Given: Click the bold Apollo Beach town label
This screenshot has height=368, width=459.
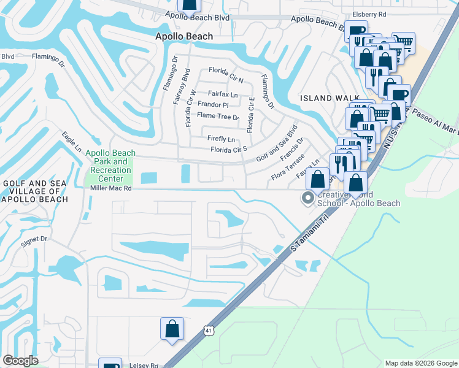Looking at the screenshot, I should pos(183,36).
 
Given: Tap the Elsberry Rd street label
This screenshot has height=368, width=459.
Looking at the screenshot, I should pos(369,13).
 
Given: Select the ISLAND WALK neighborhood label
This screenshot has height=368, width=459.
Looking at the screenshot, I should pos(325,98).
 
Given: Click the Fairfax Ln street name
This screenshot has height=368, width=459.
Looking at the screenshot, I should pos(222,94).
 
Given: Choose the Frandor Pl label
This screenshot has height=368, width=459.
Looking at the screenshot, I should pos(212,105).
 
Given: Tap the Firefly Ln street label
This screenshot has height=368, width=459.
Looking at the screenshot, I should pos(222,139).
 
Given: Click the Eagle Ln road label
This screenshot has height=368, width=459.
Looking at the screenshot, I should pos(72,141).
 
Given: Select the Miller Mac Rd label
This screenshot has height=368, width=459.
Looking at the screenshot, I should pos(110,189).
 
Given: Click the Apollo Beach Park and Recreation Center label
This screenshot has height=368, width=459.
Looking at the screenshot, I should pos(107,166).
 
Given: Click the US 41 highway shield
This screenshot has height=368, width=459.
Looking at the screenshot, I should pos(209,331).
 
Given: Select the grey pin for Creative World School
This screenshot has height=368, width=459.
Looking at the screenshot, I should pos(307,197).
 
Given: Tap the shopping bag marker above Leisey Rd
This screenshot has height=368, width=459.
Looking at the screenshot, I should pos(172,328).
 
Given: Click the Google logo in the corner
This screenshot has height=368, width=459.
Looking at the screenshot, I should pos(20,361).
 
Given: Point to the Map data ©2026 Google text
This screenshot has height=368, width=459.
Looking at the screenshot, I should pos(420,362).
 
